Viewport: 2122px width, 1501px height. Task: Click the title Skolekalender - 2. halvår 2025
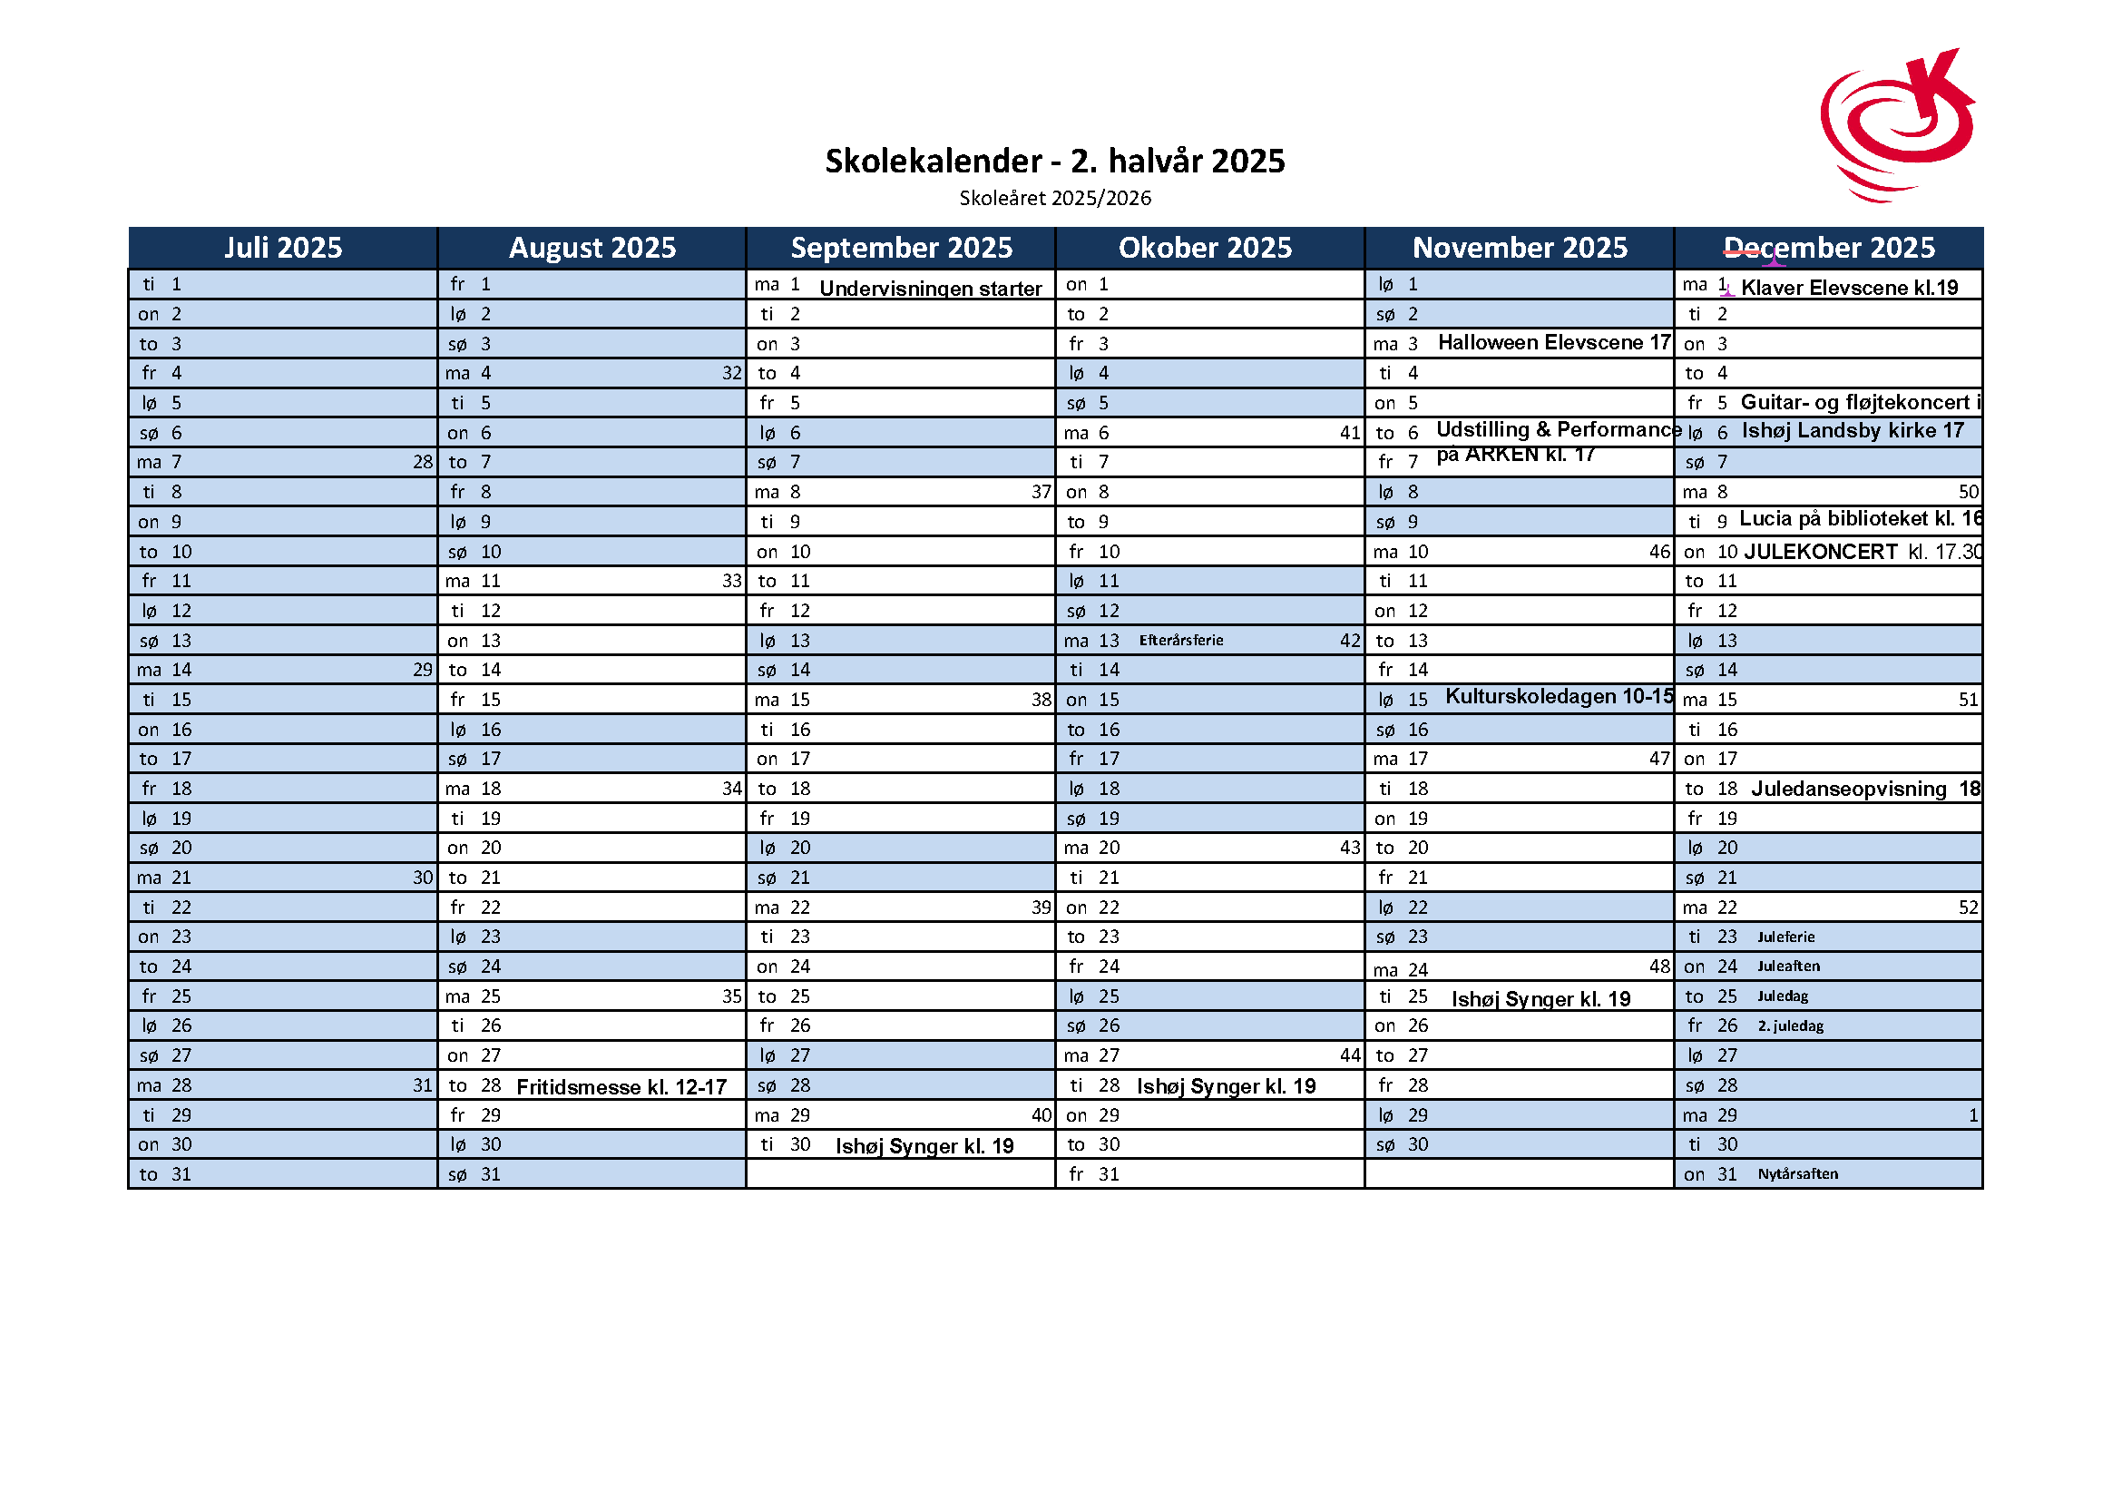(x=1054, y=161)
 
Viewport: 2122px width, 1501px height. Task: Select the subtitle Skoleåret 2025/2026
(x=1054, y=198)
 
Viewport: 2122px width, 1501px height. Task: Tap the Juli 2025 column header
(x=283, y=248)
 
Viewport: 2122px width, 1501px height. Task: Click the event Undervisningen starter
(x=930, y=289)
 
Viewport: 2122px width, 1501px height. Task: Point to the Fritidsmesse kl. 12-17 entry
(x=621, y=1087)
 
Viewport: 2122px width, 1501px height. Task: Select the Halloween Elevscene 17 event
(x=1553, y=343)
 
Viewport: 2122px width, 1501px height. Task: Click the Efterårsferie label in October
(x=1180, y=641)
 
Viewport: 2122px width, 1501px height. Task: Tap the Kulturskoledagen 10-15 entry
(x=1559, y=697)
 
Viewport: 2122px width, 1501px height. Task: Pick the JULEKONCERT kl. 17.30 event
(x=1862, y=552)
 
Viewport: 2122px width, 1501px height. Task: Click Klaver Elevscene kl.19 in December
(x=1848, y=288)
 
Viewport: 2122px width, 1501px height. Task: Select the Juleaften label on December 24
(x=1788, y=966)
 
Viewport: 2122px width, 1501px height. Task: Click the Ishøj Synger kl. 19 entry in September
(x=924, y=1146)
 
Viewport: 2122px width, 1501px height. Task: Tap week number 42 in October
(x=1350, y=641)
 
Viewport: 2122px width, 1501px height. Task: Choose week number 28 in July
(x=423, y=462)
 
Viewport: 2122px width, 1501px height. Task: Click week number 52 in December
(x=1968, y=907)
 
